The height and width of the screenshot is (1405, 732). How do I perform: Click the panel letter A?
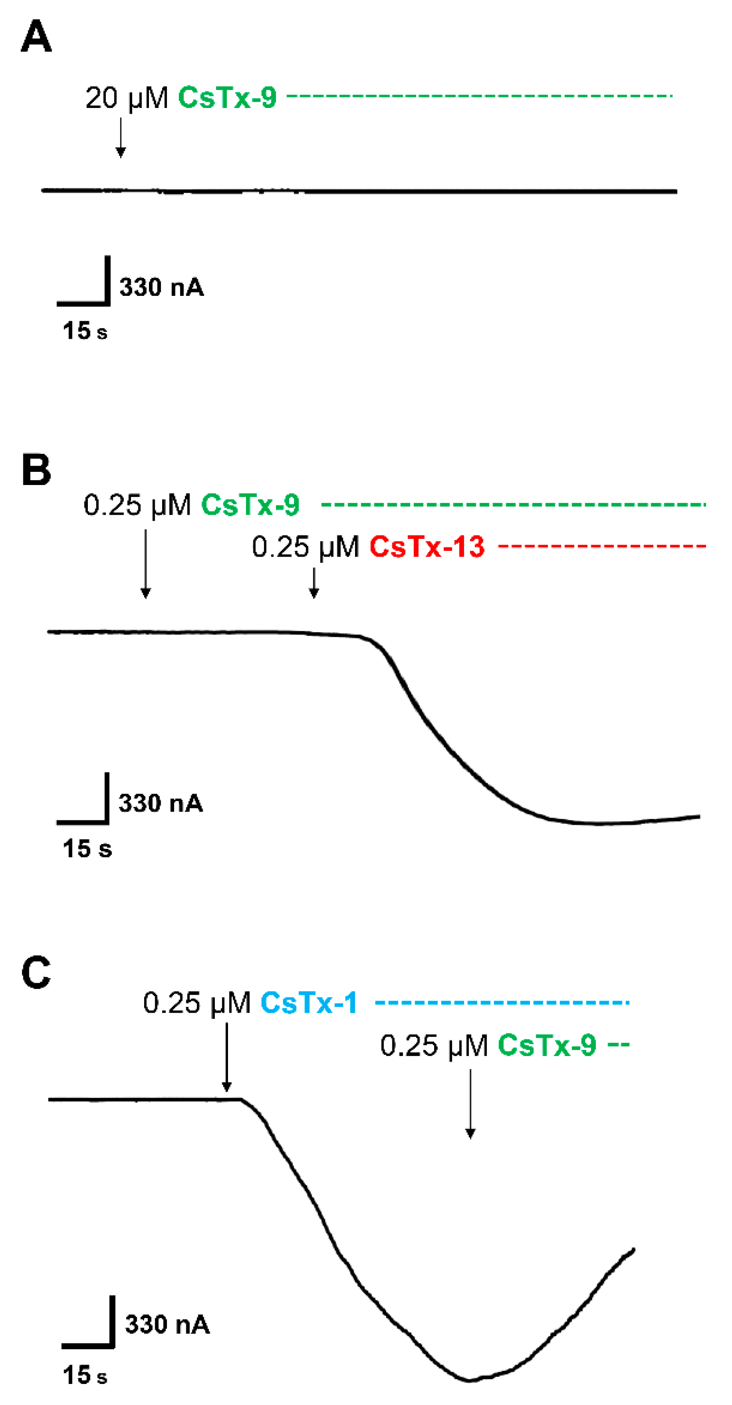click(x=36, y=36)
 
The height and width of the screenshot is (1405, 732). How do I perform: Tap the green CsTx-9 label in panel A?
click(x=227, y=98)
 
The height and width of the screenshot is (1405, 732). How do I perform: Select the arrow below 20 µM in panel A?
click(x=121, y=137)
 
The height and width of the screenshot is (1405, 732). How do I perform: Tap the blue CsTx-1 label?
click(x=309, y=1003)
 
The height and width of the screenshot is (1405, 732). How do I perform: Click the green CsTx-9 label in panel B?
click(x=250, y=504)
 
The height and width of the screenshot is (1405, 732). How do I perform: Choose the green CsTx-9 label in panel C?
click(x=547, y=1046)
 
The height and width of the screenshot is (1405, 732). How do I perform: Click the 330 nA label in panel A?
click(x=162, y=287)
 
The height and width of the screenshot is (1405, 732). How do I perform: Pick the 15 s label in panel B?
click(x=87, y=849)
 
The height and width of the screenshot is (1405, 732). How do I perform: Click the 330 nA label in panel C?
click(x=167, y=1324)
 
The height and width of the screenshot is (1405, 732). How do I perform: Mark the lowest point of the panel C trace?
click(x=469, y=1380)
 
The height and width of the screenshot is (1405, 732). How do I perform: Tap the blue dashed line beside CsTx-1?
click(x=502, y=1003)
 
